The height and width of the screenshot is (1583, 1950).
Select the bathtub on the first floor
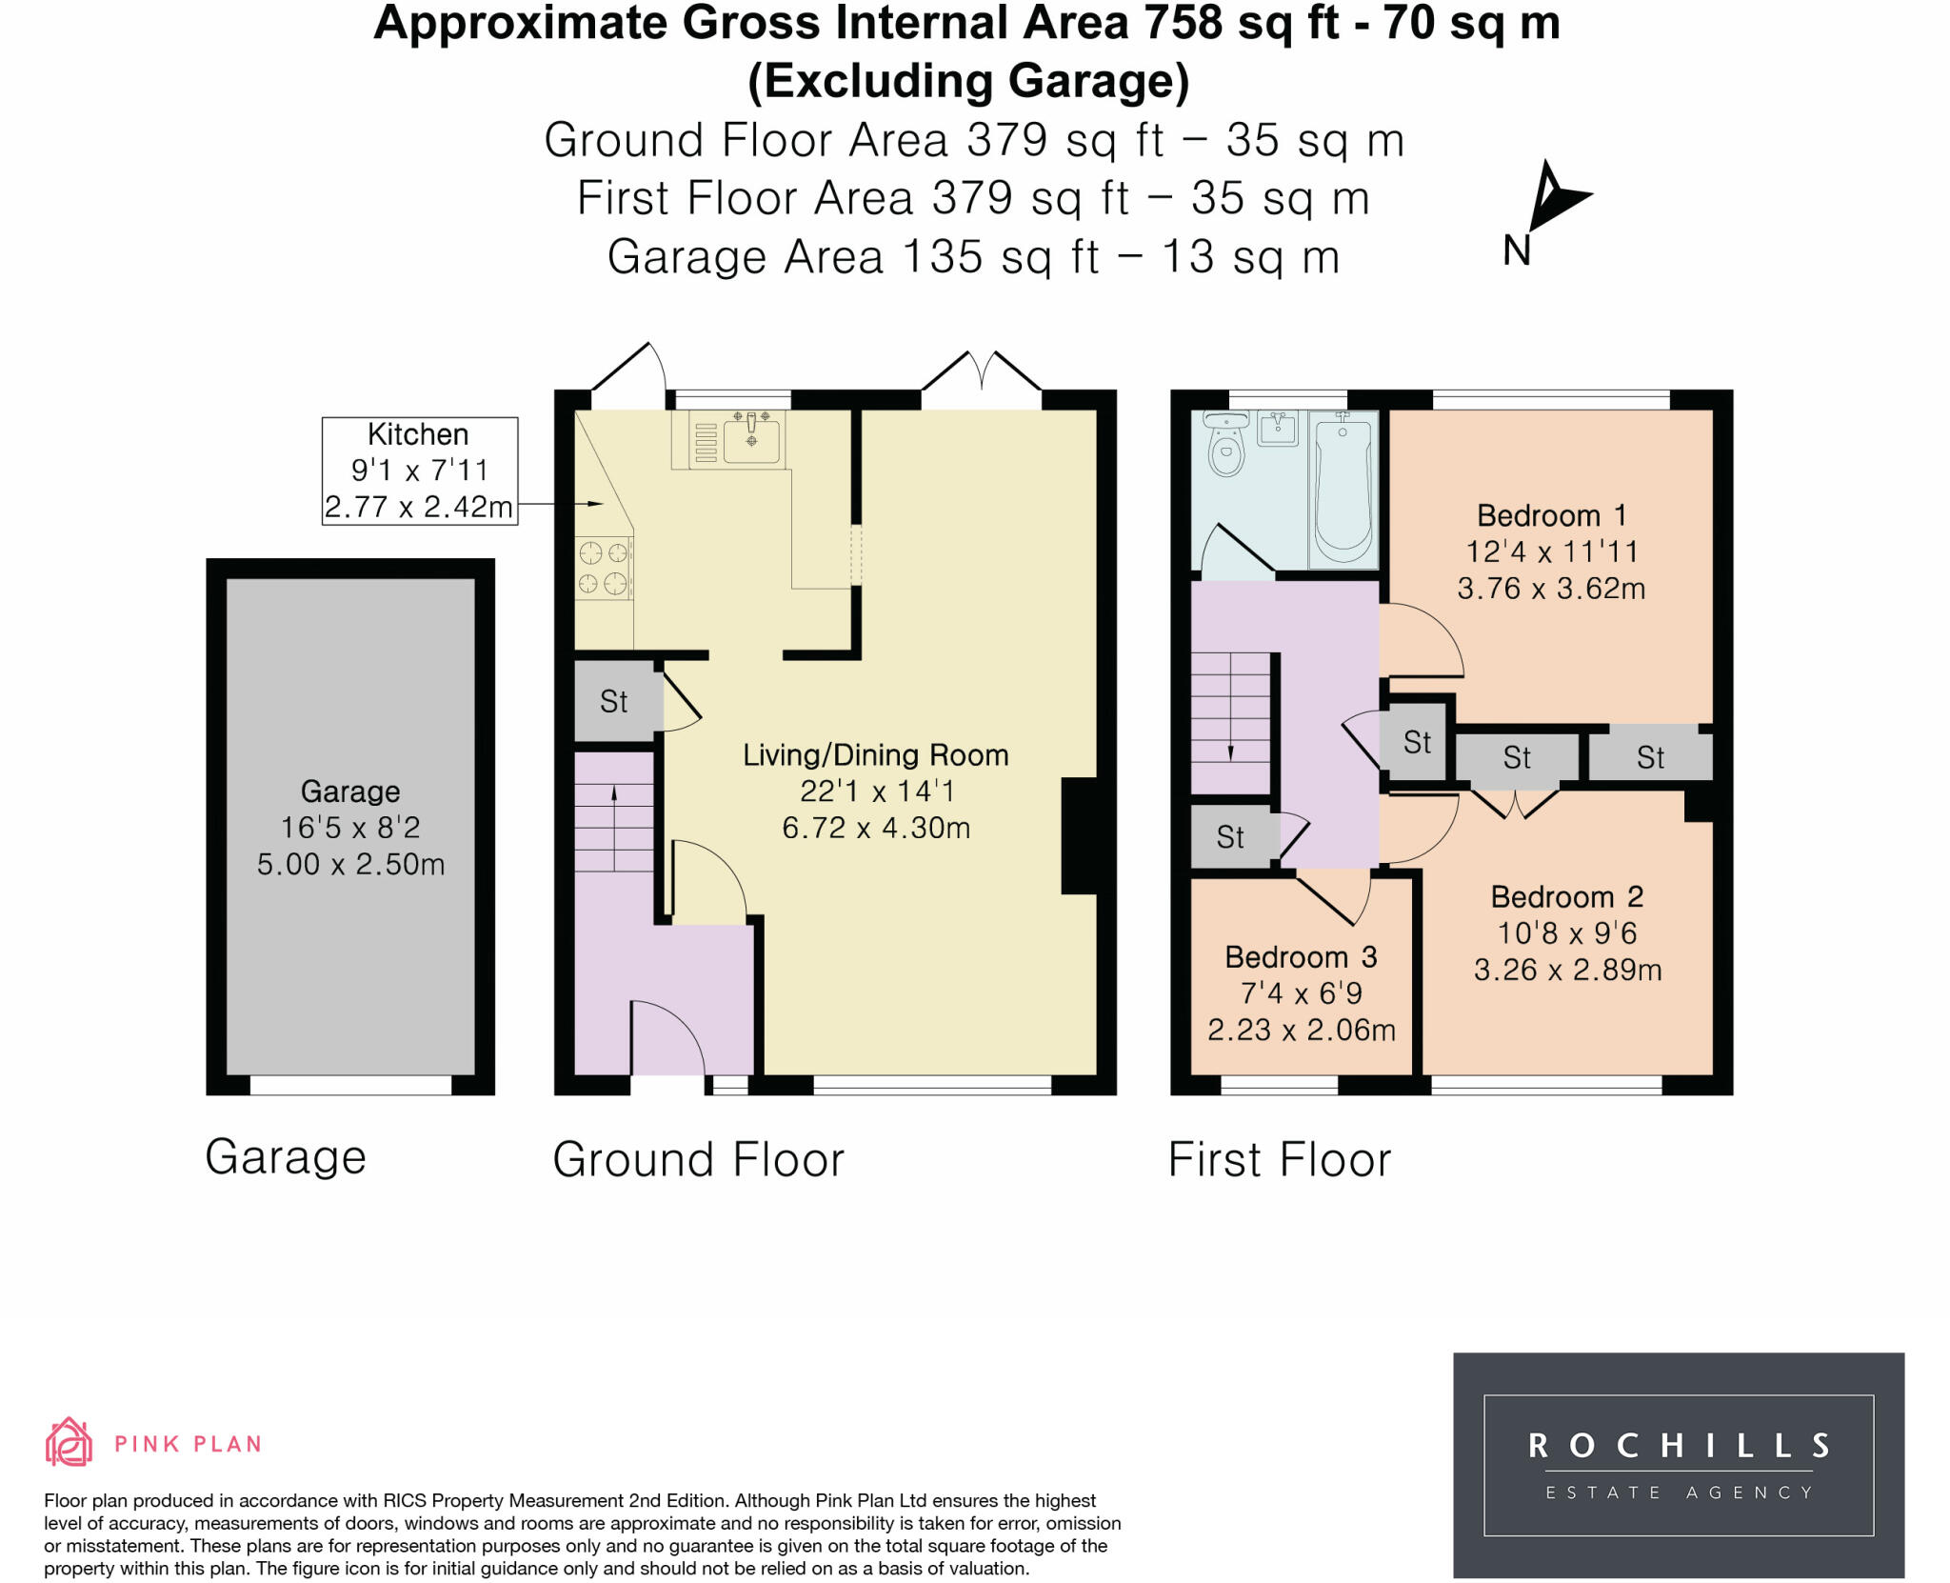(x=1343, y=490)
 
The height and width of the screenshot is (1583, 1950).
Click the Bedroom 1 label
(x=1551, y=515)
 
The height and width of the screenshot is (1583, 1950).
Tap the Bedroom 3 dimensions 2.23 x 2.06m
(x=1302, y=1030)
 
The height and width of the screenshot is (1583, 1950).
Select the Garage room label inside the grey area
(x=350, y=791)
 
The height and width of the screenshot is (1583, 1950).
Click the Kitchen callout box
(x=420, y=471)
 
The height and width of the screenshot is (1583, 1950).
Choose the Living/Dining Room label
(x=875, y=754)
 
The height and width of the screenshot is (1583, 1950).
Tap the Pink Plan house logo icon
(x=69, y=1441)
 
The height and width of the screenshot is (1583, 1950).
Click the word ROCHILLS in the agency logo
(x=1679, y=1446)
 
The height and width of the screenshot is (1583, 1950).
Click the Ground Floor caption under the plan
(x=698, y=1159)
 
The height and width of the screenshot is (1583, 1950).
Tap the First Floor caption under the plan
(x=1280, y=1159)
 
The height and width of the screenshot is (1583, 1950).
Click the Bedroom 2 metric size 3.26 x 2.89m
(x=1567, y=970)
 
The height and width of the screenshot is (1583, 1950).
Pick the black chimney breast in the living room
(x=1080, y=835)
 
